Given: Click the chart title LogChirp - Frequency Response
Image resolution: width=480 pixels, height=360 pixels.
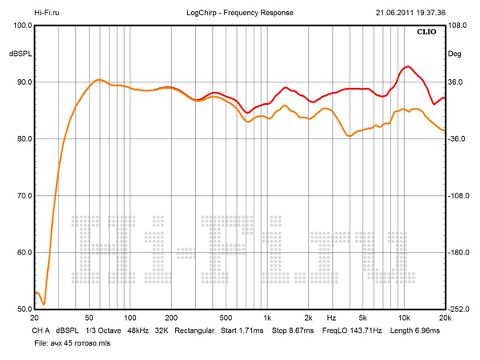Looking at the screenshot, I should pyautogui.click(x=250, y=14).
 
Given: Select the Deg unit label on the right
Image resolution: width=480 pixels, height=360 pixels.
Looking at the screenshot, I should pyautogui.click(x=454, y=54).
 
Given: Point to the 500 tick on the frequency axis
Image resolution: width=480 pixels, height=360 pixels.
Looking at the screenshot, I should pyautogui.click(x=226, y=318).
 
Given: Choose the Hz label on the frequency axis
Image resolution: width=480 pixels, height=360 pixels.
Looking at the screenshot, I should pyautogui.click(x=330, y=318).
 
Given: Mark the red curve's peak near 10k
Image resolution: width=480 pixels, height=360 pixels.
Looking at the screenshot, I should pyautogui.click(x=408, y=66).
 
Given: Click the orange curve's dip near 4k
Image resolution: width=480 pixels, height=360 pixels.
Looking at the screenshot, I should pyautogui.click(x=348, y=137).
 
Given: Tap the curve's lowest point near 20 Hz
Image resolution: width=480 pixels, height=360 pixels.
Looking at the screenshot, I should pyautogui.click(x=44, y=304).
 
